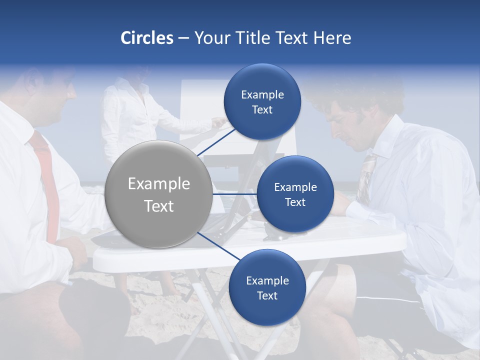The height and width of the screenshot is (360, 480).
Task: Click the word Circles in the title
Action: [x=146, y=38]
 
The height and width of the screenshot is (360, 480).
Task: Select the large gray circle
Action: [x=158, y=194]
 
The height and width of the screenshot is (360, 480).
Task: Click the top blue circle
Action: [x=262, y=101]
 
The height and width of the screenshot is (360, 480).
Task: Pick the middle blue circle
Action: [x=295, y=194]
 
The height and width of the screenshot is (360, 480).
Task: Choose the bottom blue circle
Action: [x=267, y=287]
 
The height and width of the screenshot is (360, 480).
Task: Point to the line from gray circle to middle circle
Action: [x=234, y=194]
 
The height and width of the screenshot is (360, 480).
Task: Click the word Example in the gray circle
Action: [x=158, y=184]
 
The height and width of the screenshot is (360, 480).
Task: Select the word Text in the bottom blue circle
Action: [x=267, y=295]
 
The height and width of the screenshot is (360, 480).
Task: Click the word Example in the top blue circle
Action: [x=262, y=94]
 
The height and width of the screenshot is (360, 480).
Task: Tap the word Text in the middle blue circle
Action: [x=295, y=202]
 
